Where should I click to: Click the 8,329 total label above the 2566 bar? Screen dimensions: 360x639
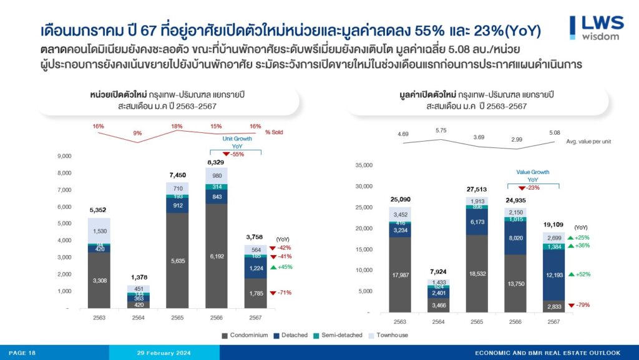(x=217, y=162)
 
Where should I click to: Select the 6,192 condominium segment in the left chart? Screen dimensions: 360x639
(x=217, y=256)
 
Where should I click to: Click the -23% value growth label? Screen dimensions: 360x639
(x=532, y=187)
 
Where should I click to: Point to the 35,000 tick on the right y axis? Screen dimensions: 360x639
(x=363, y=165)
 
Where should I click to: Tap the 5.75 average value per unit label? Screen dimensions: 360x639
(x=441, y=130)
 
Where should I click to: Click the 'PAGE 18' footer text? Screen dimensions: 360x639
(x=22, y=353)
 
